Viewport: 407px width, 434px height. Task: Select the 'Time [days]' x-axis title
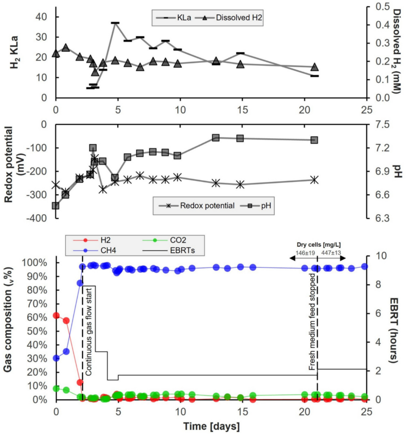click(211, 425)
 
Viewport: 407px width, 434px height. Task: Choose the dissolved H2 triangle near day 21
click(314, 67)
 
